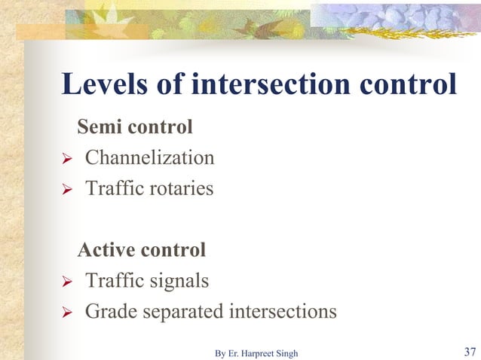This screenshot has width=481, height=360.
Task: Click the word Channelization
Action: (149, 158)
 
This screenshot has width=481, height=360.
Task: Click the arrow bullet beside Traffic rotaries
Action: (66, 189)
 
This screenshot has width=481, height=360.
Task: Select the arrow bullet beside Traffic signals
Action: (66, 282)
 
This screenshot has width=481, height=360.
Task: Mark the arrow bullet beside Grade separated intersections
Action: (66, 312)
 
